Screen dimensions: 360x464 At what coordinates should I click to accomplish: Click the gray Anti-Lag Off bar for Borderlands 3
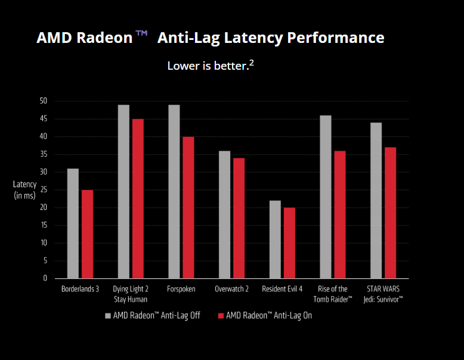73,224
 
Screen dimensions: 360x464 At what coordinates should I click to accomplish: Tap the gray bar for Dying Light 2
123,191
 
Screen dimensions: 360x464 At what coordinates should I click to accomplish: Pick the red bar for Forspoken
188,207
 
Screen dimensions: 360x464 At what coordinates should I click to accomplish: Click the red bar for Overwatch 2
239,218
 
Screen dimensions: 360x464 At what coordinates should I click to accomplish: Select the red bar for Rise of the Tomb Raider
340,215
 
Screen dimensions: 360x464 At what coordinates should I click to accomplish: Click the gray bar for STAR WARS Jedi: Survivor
376,200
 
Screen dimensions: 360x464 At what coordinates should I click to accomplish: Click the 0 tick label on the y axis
45,278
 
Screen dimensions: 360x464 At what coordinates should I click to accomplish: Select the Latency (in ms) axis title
24,190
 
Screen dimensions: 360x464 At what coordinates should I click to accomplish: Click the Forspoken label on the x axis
181,289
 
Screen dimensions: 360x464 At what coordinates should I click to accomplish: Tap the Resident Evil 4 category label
282,289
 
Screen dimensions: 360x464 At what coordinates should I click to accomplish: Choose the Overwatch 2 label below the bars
231,289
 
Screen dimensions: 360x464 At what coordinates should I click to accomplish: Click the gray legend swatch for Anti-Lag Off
108,315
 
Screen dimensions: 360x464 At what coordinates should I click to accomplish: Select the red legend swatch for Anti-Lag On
221,315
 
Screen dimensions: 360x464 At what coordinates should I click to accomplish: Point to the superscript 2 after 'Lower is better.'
252,63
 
